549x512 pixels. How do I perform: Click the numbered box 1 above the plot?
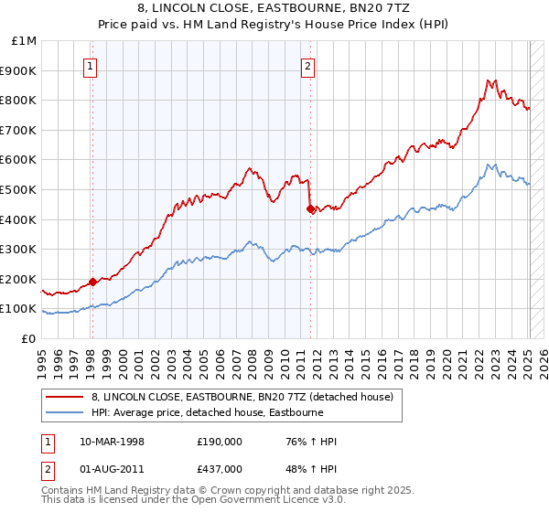91,66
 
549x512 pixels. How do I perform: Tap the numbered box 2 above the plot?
308,66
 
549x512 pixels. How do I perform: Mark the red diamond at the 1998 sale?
92,282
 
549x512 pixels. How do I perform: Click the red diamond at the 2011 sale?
310,208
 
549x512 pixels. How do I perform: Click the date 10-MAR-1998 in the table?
113,442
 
